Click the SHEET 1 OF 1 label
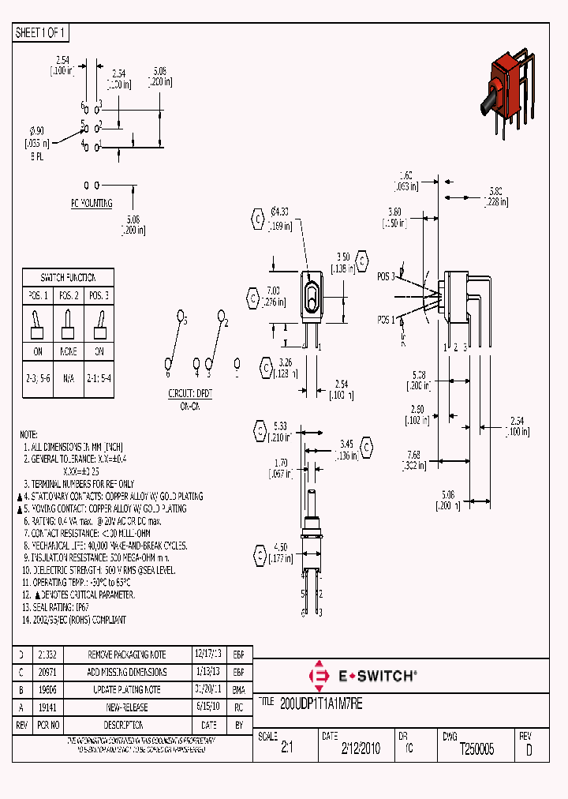[41, 33]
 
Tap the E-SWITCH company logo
[362, 676]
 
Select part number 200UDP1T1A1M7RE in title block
[321, 701]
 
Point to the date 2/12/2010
[360, 749]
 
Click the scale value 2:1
[286, 749]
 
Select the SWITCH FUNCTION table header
[68, 278]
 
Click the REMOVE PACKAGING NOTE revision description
[126, 655]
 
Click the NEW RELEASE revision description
[126, 708]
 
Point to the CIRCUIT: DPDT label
[190, 392]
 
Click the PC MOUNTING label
[92, 203]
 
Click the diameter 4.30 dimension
[280, 212]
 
